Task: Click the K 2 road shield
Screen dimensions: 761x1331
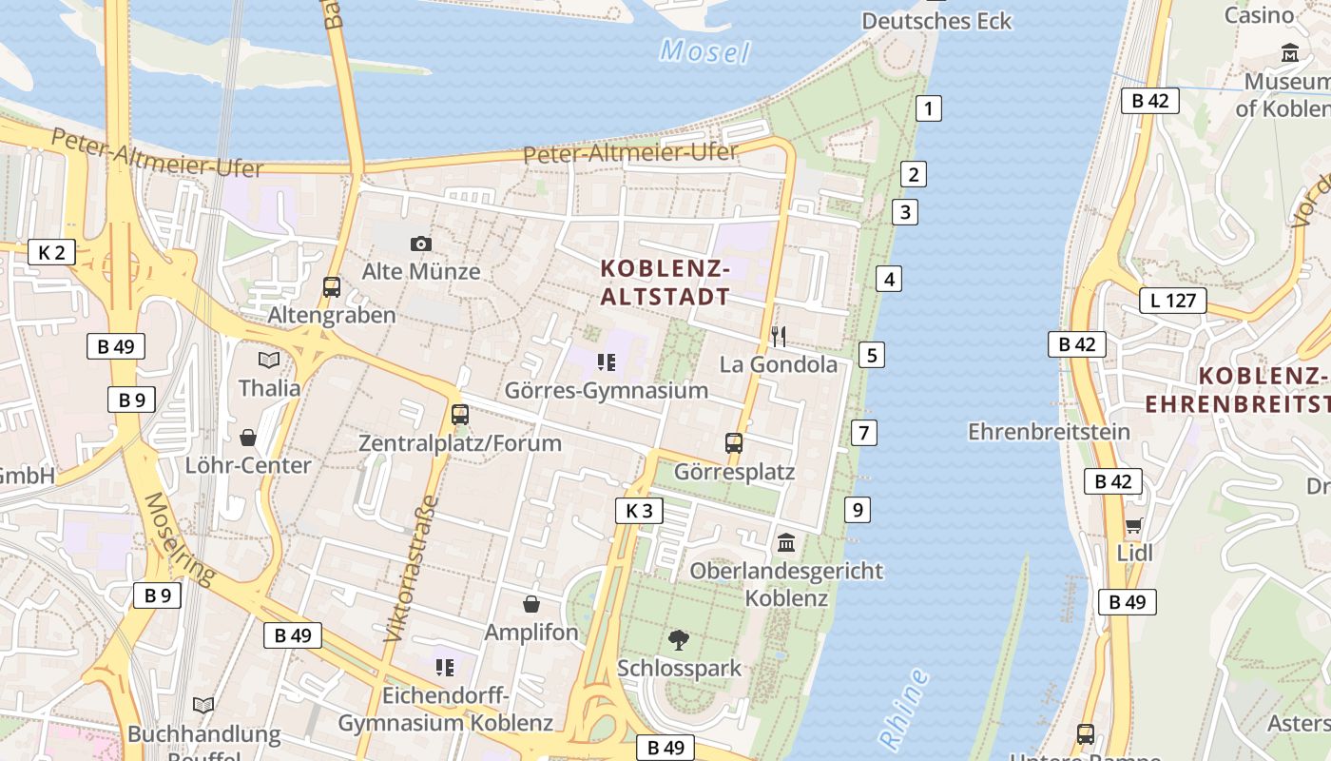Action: pos(51,252)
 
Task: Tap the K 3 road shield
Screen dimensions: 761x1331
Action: pos(639,511)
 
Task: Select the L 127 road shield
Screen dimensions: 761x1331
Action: pos(1172,302)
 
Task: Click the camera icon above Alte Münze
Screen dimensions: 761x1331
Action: pos(421,244)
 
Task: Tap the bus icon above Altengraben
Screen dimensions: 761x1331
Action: pos(332,286)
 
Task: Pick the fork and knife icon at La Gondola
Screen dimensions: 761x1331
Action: pos(778,336)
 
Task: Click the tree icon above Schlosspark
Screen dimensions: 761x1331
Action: pos(679,639)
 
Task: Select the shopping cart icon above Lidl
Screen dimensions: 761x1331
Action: pos(1134,526)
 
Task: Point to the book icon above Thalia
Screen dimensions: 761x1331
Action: pos(270,360)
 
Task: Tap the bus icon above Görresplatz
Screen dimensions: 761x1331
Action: pos(734,443)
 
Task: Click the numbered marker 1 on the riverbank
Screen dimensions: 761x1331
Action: pos(928,108)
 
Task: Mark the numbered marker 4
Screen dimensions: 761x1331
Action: pos(889,279)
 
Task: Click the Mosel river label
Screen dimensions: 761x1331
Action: pos(704,51)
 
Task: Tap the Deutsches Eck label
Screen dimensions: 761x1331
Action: pos(936,21)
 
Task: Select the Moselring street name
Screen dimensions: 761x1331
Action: pos(181,538)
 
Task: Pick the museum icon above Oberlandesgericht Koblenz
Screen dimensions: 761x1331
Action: pos(787,543)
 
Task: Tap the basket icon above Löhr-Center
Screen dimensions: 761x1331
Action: pos(248,438)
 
